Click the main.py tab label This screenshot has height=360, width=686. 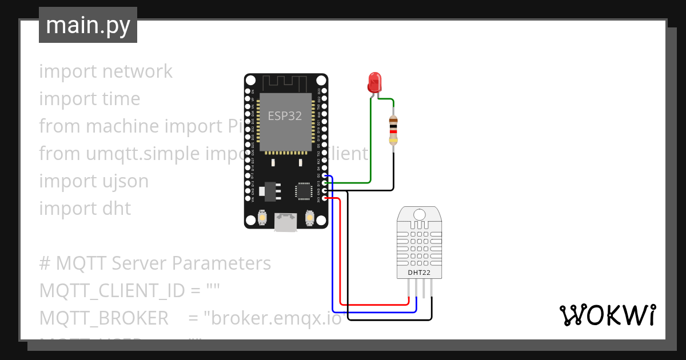[88, 25]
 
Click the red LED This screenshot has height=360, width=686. [374, 82]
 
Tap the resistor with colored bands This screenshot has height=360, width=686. [393, 130]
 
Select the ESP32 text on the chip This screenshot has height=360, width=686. [285, 116]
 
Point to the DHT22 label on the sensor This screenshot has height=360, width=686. [419, 273]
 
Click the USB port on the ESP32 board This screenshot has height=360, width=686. [286, 222]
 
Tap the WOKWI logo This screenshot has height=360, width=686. [607, 315]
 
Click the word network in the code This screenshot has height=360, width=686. [137, 71]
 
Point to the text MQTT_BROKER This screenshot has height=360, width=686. [103, 318]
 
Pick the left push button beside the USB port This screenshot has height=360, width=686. [262, 218]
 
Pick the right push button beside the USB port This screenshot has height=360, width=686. [310, 218]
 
